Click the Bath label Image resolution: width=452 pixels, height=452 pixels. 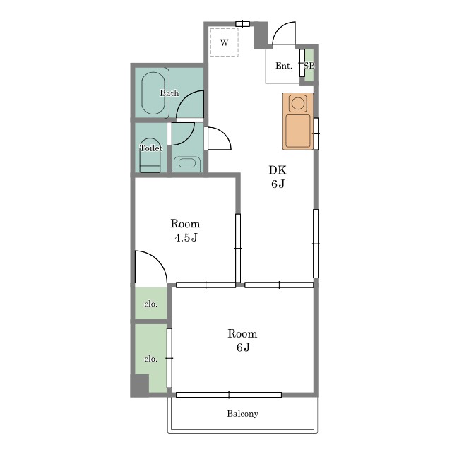click(169, 93)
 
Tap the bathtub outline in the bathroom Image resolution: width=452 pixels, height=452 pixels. click(153, 93)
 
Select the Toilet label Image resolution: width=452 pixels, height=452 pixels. click(151, 148)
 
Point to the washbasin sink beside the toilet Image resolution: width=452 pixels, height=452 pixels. click(187, 164)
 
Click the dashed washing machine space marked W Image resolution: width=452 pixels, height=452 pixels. click(225, 42)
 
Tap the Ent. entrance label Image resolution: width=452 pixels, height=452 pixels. click(284, 66)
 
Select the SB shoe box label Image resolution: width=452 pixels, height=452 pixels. click(309, 66)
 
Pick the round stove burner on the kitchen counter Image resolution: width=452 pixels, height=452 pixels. click(298, 103)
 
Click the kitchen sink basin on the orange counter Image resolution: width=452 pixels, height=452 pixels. click(298, 131)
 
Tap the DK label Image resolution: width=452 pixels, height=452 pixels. click(278, 170)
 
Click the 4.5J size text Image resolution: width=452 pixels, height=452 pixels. click(186, 237)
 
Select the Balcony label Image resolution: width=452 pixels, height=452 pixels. click(242, 414)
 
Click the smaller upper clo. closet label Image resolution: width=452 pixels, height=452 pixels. click(150, 304)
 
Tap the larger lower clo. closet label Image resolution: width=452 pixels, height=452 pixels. click(150, 359)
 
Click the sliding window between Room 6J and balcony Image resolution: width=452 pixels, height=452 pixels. click(229, 395)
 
